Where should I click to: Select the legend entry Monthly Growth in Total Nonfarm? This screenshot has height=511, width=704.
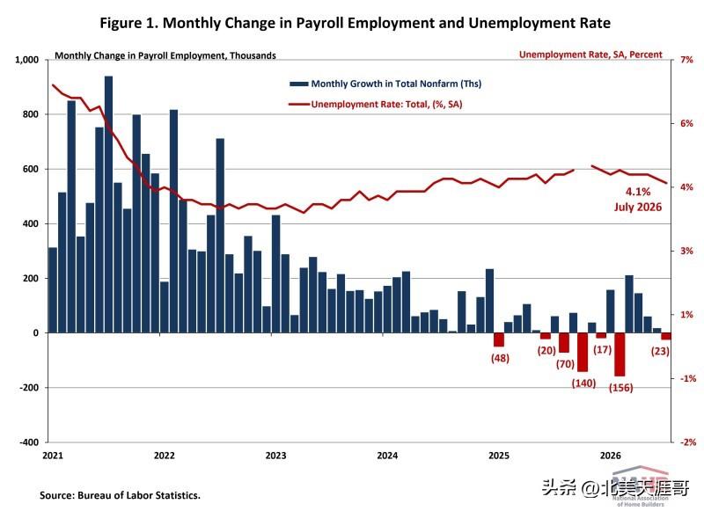click(385, 84)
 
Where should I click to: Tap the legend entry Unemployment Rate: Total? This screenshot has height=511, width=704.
click(376, 104)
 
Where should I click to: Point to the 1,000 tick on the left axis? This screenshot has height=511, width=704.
click(27, 60)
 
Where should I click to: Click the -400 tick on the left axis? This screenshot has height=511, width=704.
click(29, 442)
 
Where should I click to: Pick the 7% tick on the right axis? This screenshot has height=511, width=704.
click(686, 60)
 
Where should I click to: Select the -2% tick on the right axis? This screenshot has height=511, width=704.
click(688, 442)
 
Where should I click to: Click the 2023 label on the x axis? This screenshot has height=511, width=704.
click(275, 456)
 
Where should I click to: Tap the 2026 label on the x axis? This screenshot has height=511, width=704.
click(611, 456)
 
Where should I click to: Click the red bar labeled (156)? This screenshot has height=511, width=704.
click(620, 354)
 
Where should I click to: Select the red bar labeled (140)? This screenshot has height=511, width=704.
click(583, 352)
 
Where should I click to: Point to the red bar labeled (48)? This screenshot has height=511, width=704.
click(499, 339)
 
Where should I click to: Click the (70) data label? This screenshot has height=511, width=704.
click(565, 364)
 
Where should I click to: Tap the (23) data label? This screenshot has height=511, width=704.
click(660, 351)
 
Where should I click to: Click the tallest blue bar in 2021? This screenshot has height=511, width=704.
click(108, 205)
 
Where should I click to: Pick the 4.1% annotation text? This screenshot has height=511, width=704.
click(638, 192)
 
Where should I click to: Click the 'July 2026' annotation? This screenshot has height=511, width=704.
click(638, 207)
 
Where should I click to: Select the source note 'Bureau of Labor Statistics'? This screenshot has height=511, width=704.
click(139, 495)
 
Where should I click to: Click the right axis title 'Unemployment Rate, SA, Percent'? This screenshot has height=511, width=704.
click(590, 55)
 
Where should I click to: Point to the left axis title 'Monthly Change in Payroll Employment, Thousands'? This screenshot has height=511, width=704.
click(165, 55)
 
